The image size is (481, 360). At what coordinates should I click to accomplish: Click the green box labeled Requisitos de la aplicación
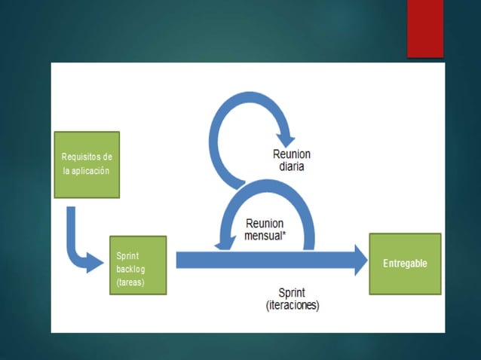coord(87,164)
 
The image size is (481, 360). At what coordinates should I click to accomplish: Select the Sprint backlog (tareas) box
coord(137,265)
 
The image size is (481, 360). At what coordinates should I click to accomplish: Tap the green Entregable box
coord(404,264)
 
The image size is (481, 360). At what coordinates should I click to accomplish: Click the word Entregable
coord(405,264)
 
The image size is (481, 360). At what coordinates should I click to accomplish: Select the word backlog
coord(130,269)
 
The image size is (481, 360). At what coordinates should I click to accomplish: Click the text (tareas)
coord(130,282)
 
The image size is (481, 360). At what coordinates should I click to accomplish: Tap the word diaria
coord(291,166)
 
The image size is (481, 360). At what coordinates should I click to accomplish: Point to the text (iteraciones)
coord(293,306)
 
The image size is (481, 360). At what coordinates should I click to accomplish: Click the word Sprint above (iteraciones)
coord(293,294)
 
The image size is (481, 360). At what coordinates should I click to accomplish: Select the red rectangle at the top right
coord(425,29)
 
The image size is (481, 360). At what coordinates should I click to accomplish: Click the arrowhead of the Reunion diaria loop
coord(286,139)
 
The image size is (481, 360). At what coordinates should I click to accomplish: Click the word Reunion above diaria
coord(291,154)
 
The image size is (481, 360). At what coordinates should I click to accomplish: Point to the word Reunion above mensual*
coord(264,224)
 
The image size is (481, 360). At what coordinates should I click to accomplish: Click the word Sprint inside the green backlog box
coord(127,255)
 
